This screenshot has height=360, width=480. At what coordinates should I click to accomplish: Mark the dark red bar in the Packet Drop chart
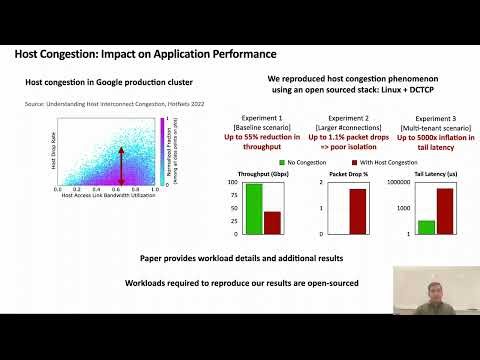(x=357, y=211)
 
